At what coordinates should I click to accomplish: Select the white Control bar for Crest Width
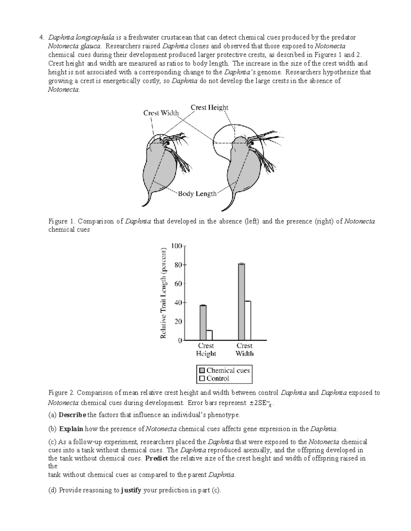[248, 321]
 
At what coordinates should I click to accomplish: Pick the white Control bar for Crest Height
[209, 335]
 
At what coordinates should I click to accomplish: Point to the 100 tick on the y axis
[177, 246]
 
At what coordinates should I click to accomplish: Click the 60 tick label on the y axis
[177, 284]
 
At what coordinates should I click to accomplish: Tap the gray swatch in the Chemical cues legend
[201, 371]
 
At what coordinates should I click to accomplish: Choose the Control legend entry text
[218, 379]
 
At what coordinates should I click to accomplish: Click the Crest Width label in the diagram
[161, 113]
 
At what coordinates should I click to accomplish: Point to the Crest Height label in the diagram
[209, 107]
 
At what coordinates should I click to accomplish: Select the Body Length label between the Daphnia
[197, 194]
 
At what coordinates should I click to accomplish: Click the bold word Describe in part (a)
[73, 415]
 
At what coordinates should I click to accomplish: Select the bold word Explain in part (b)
[71, 429]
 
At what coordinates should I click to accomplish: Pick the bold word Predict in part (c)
[157, 458]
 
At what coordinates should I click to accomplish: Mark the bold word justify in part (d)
[131, 490]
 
